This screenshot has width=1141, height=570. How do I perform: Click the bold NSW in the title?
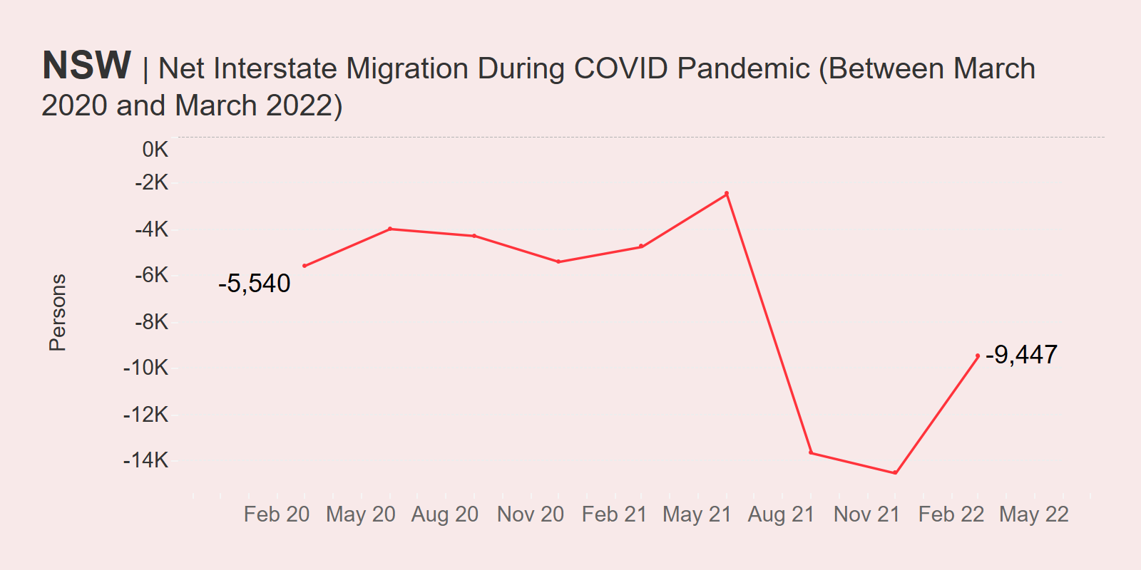pos(86,66)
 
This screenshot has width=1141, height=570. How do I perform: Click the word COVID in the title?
pos(621,68)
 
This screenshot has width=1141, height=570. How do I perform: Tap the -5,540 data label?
pos(254,284)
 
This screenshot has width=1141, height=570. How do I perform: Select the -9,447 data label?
pos(1021,354)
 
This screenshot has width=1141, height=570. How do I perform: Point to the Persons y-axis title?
pos(57,312)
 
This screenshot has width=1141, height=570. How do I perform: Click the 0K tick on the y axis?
pos(155,150)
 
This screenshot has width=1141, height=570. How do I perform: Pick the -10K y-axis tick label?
pos(146,368)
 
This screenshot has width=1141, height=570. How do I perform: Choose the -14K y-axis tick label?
pos(146,460)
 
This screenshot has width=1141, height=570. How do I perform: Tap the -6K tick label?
pos(151,275)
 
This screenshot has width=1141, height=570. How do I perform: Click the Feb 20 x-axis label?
pos(277,514)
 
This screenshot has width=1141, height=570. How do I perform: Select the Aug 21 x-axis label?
pos(781,514)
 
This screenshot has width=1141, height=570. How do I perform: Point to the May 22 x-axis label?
pos(1034,514)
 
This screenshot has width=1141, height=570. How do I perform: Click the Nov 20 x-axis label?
pos(531,514)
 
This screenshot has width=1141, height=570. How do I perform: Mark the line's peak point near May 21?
pos(727,194)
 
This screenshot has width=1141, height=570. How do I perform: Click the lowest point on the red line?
pos(895,472)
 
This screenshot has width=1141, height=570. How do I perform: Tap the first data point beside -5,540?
pos(305,266)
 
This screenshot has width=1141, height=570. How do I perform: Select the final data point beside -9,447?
pos(978,356)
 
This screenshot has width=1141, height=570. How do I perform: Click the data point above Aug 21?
pos(811,452)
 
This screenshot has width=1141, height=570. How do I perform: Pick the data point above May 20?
pos(390,229)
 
